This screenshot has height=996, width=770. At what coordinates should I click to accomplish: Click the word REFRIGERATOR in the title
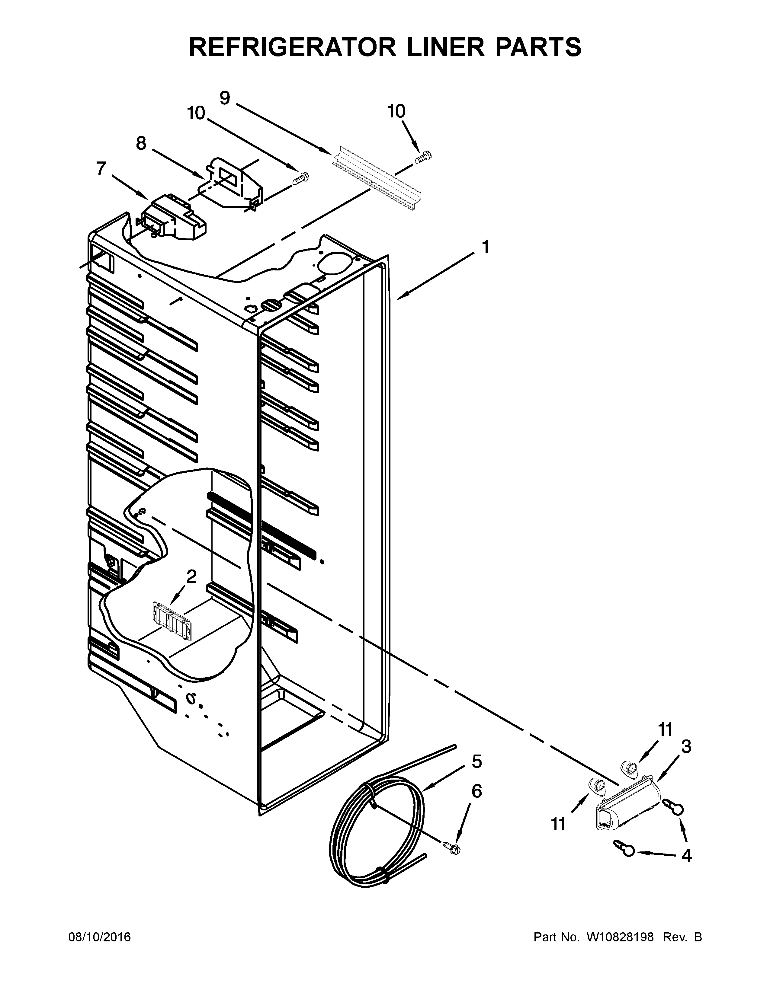tap(292, 47)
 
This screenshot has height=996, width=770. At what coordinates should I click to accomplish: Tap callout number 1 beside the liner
tap(485, 247)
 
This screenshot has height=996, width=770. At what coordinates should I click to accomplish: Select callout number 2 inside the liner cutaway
tap(191, 576)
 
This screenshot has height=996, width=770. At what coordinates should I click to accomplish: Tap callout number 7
tap(101, 168)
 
